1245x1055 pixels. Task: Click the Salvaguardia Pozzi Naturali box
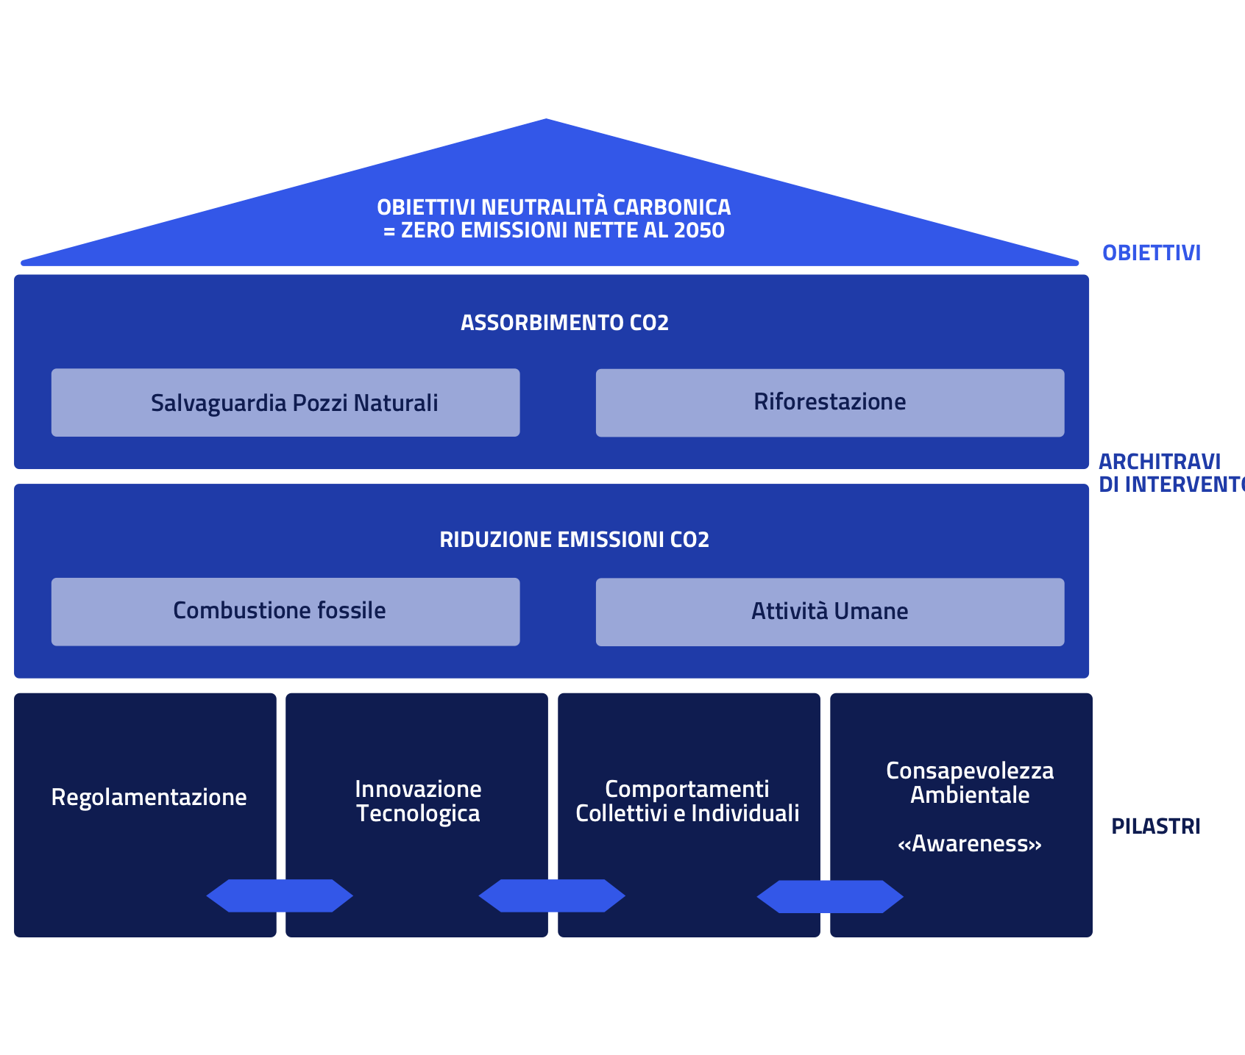point(285,403)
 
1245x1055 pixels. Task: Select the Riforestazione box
point(829,403)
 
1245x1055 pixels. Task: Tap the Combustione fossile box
point(285,612)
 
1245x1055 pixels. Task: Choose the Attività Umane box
point(829,612)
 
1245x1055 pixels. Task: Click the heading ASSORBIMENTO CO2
point(564,323)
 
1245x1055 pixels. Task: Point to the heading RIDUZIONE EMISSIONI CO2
point(574,540)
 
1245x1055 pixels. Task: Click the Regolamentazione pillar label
point(149,797)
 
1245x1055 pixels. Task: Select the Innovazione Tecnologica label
point(418,801)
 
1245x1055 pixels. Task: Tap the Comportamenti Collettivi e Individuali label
point(687,801)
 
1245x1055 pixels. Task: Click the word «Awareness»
point(969,843)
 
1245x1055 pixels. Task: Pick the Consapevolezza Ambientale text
point(969,782)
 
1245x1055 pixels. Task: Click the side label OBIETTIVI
point(1151,253)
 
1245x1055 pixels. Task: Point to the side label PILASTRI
point(1155,826)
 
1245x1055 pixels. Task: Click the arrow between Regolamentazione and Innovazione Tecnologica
point(280,895)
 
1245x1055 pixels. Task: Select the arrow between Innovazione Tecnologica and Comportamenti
point(552,895)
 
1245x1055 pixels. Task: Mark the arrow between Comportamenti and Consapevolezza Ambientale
point(830,896)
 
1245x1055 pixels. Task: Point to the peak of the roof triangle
point(546,121)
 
